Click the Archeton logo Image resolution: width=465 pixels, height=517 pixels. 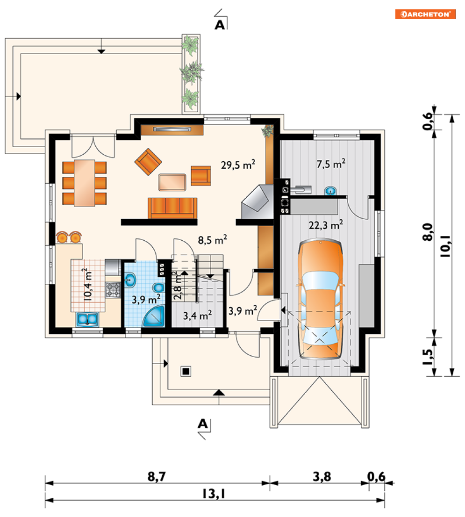pos(425,14)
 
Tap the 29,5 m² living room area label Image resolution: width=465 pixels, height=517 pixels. pos(238,165)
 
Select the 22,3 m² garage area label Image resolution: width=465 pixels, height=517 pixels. pos(326,225)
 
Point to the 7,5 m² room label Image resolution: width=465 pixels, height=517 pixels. pos(331,164)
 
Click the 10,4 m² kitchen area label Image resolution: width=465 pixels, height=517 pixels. pos(87,284)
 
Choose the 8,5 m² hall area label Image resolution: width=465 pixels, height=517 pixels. pos(212,240)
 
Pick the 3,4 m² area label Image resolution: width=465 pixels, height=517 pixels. pos(197,316)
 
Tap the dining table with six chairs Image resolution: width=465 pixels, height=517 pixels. pos(85,183)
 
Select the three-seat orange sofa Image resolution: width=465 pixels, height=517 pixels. pos(172,208)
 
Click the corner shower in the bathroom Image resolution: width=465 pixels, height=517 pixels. pos(154,316)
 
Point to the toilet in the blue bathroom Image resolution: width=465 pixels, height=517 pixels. pos(158,287)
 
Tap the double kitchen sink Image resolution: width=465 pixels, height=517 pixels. pos(87,319)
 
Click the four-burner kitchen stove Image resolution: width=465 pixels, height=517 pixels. pos(113,290)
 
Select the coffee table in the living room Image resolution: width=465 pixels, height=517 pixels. pos(172,182)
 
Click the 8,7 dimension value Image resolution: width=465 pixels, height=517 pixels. pos(157,476)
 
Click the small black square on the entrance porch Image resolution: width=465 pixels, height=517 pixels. pos(186,372)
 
